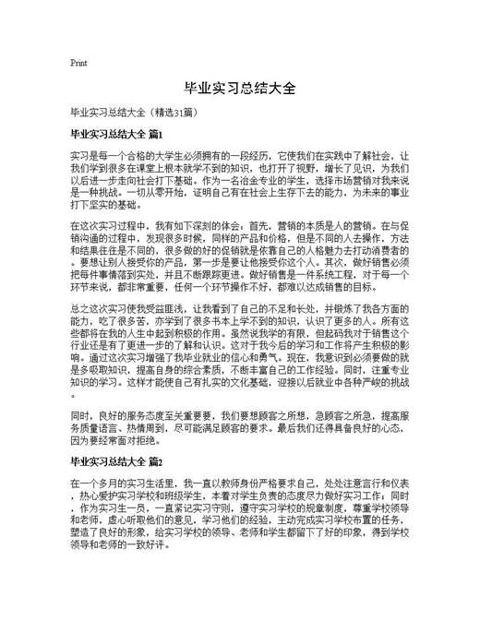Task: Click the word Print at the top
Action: coord(78,63)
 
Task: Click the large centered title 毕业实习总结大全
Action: coord(240,89)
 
